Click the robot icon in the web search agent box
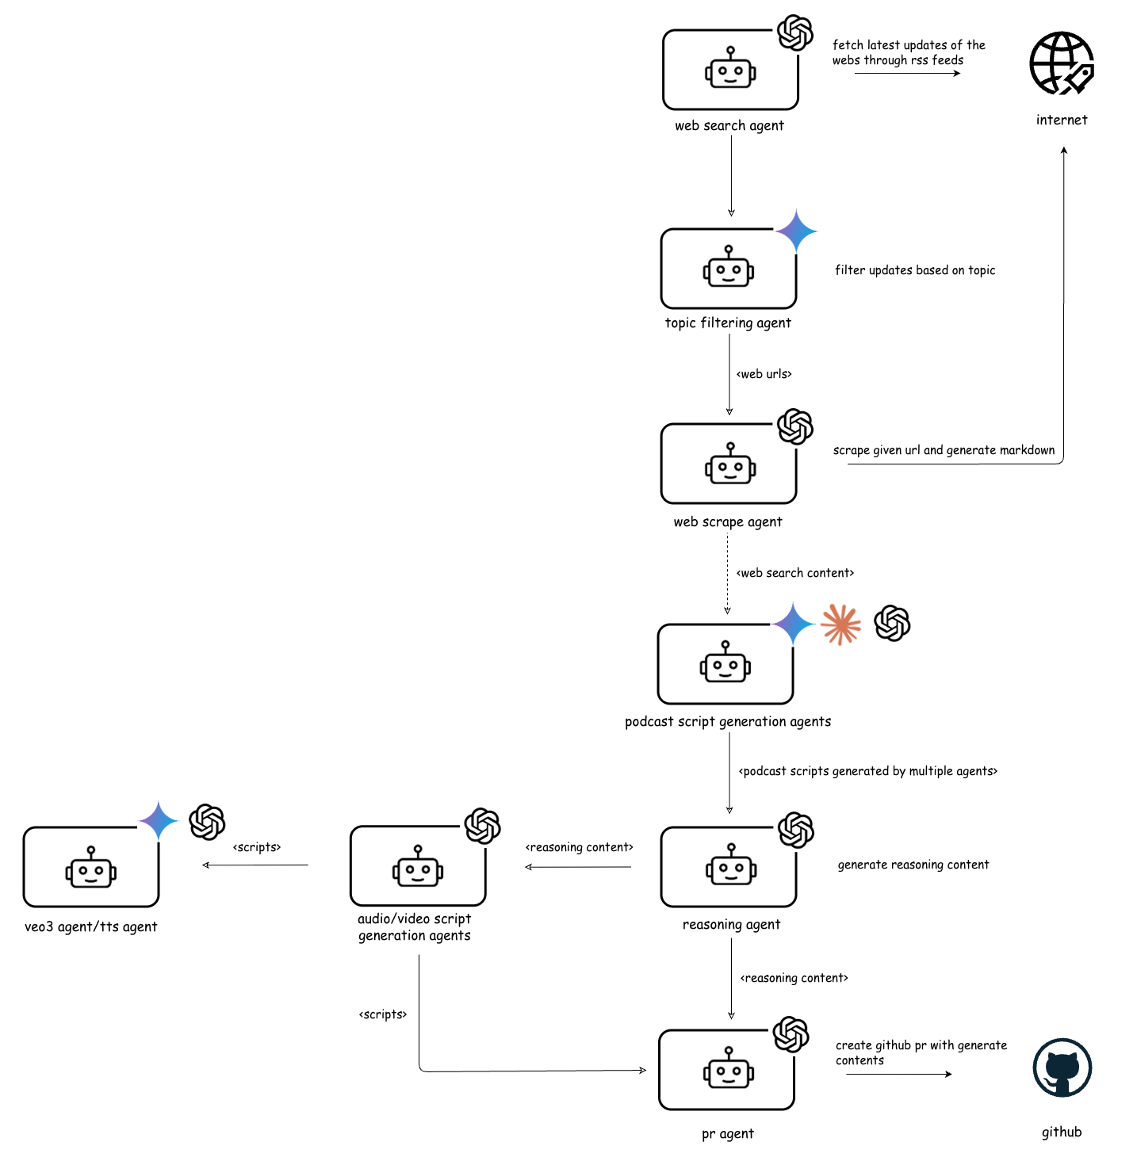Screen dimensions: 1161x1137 coord(730,69)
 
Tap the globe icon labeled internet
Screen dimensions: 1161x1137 coord(1061,63)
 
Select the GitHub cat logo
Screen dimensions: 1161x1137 coord(1062,1067)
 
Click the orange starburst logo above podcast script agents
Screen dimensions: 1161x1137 coord(840,624)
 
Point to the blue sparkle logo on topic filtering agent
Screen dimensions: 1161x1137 coord(795,231)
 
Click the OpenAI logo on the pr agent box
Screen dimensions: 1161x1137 coord(791,1034)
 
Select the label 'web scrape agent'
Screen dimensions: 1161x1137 coord(727,522)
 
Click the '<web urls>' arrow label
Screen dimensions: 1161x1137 coord(764,374)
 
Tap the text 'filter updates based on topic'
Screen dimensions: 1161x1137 coord(914,270)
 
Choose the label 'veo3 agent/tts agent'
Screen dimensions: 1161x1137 coord(90,927)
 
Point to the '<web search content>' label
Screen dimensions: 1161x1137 coord(794,573)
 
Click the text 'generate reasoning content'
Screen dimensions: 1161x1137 coord(913,865)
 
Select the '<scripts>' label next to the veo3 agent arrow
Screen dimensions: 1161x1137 coord(256,847)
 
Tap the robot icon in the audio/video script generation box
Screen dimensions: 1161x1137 coord(417,867)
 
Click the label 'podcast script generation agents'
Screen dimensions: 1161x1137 coord(727,722)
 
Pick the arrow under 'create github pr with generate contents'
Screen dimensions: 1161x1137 coord(898,1075)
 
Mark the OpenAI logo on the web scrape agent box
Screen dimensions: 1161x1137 coord(794,427)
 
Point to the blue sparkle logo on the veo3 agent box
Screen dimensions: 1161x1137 coord(159,820)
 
